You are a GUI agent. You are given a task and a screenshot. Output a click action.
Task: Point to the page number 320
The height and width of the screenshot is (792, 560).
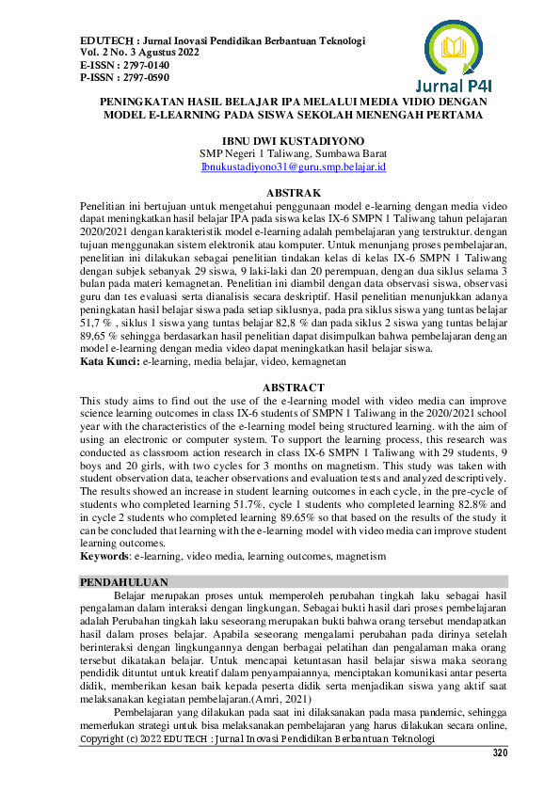[x=500, y=753]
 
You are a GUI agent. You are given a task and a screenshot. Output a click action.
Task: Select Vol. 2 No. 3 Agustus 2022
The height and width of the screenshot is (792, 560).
[x=142, y=54]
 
